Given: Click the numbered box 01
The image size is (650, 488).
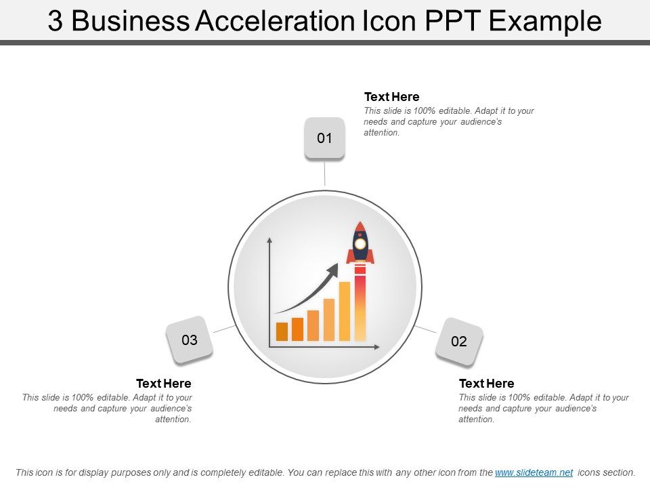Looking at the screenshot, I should point(325,138).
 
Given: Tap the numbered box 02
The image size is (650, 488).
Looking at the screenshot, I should point(459,341).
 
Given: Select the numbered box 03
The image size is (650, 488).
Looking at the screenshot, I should point(190,340).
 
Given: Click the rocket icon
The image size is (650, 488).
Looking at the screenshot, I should point(360,243).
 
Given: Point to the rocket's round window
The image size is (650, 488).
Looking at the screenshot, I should point(360,243).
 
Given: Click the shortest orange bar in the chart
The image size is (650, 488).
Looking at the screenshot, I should point(282,331).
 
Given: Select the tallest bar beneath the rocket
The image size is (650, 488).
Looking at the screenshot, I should point(360,305).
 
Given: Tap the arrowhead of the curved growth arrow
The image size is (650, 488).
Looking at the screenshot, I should point(332,269).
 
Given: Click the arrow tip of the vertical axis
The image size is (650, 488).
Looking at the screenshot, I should point(270,240).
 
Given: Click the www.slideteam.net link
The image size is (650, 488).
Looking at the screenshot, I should point(534,472).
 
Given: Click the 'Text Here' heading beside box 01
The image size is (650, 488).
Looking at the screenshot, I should point(391,97).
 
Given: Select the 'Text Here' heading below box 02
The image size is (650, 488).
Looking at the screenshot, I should point(486,384).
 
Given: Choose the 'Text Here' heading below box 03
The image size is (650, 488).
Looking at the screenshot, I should point(164,384).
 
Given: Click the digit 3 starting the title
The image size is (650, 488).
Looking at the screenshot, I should point(56,22).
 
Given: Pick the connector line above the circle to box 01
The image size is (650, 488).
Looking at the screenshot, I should point(325,172).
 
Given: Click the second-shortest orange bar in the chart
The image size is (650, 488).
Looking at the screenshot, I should point(297,329).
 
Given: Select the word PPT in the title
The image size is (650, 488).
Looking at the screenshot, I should point(453,22).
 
